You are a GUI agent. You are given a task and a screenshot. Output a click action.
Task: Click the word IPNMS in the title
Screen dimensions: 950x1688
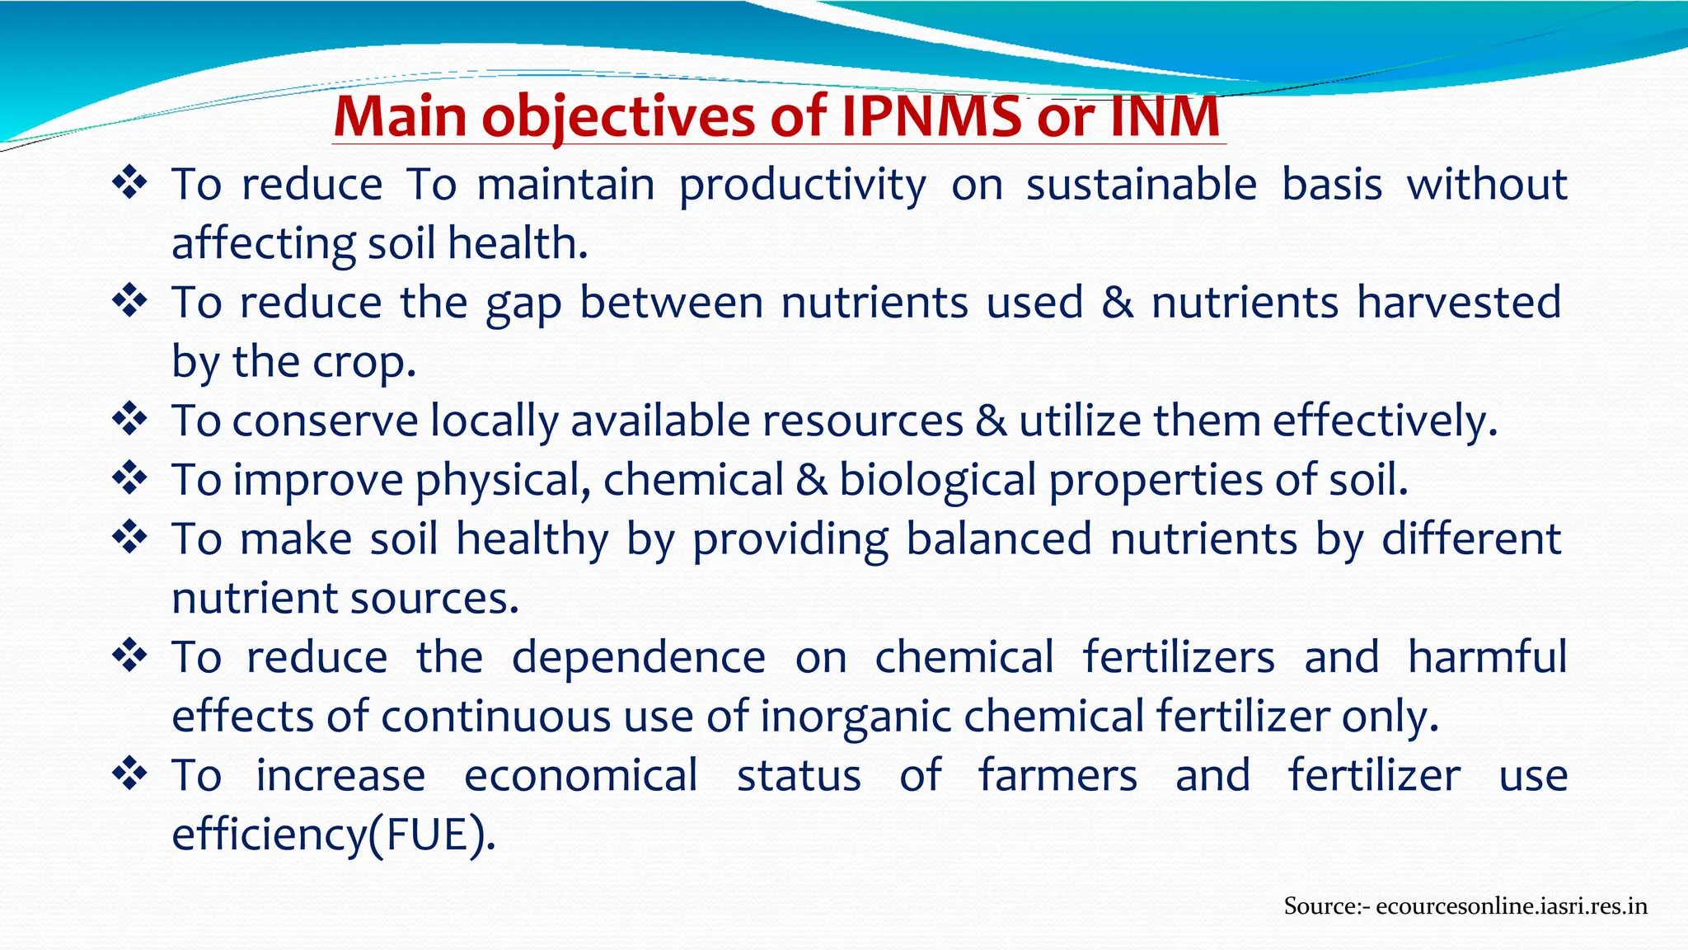click(x=931, y=116)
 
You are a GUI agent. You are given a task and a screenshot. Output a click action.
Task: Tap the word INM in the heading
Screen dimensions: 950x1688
click(x=1165, y=116)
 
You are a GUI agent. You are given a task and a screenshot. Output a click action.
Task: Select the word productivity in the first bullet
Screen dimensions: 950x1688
click(x=802, y=185)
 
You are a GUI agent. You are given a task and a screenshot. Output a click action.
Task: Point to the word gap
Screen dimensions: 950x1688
click(x=523, y=303)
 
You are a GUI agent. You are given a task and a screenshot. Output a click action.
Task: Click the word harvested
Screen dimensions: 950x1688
click(x=1458, y=302)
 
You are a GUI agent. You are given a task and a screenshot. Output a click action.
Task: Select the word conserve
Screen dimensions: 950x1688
click(x=325, y=421)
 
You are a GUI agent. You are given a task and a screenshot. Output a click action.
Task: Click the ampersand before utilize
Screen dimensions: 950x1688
click(x=991, y=421)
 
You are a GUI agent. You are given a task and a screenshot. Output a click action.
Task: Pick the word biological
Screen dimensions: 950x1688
click(x=937, y=481)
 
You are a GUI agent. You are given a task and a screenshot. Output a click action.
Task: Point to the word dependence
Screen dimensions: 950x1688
click(x=638, y=657)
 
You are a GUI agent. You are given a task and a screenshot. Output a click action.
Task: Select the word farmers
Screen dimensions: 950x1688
click(x=1057, y=776)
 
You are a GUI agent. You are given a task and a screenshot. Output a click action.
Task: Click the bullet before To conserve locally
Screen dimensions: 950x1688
click(x=129, y=419)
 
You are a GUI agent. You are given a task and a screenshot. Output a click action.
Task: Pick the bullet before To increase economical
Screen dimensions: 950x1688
click(x=129, y=774)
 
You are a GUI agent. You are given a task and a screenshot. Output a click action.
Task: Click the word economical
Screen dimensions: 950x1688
click(x=580, y=776)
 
